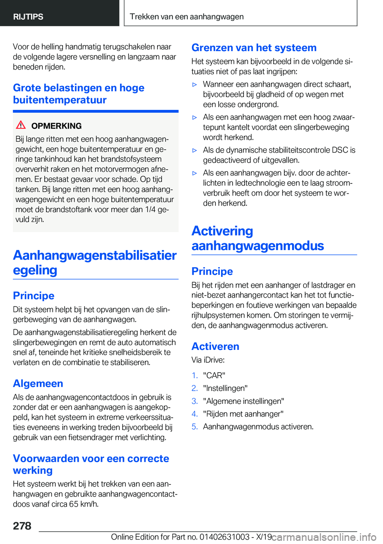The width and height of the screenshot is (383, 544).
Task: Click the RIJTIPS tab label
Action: [28, 17]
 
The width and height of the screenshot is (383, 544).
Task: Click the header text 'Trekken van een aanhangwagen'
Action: [187, 17]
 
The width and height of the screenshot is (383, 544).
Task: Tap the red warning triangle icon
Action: [21, 125]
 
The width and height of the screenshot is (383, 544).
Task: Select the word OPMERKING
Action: [56, 126]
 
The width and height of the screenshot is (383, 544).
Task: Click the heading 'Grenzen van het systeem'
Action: [254, 48]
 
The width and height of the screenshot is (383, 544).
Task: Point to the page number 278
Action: [22, 526]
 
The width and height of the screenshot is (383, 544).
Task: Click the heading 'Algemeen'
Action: [38, 383]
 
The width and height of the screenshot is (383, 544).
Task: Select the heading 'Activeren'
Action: [215, 346]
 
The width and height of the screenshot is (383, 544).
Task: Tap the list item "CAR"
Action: [214, 375]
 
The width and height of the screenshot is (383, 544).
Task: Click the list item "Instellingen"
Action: [225, 388]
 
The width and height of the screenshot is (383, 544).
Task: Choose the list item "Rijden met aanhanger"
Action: [243, 414]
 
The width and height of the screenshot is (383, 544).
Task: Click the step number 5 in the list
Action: [194, 427]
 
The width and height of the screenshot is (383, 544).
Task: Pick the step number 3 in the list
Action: [194, 401]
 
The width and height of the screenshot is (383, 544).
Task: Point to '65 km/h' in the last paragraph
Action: [84, 504]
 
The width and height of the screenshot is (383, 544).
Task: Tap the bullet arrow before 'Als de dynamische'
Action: [195, 151]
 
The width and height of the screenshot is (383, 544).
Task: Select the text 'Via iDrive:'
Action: [208, 360]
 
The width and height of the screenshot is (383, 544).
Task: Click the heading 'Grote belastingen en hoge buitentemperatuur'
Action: [79, 94]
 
